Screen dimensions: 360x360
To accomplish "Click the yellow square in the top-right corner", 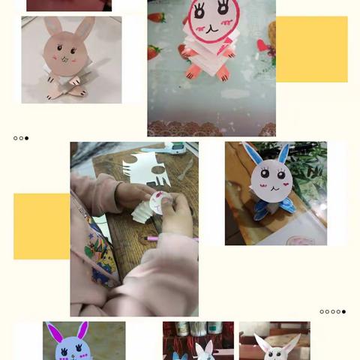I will [311, 49].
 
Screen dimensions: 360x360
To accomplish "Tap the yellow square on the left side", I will [41, 226].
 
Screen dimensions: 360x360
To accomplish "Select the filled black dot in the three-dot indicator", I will [27, 138].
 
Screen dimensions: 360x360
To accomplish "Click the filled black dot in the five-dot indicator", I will [343, 311].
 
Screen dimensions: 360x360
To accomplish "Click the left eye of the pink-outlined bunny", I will [200, 11].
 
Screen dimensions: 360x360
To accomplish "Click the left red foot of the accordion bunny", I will [193, 71].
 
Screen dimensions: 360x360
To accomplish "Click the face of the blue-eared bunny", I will [271, 180].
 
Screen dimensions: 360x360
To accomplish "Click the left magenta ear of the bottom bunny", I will [55, 332].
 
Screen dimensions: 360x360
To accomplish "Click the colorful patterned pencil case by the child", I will [100, 251].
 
